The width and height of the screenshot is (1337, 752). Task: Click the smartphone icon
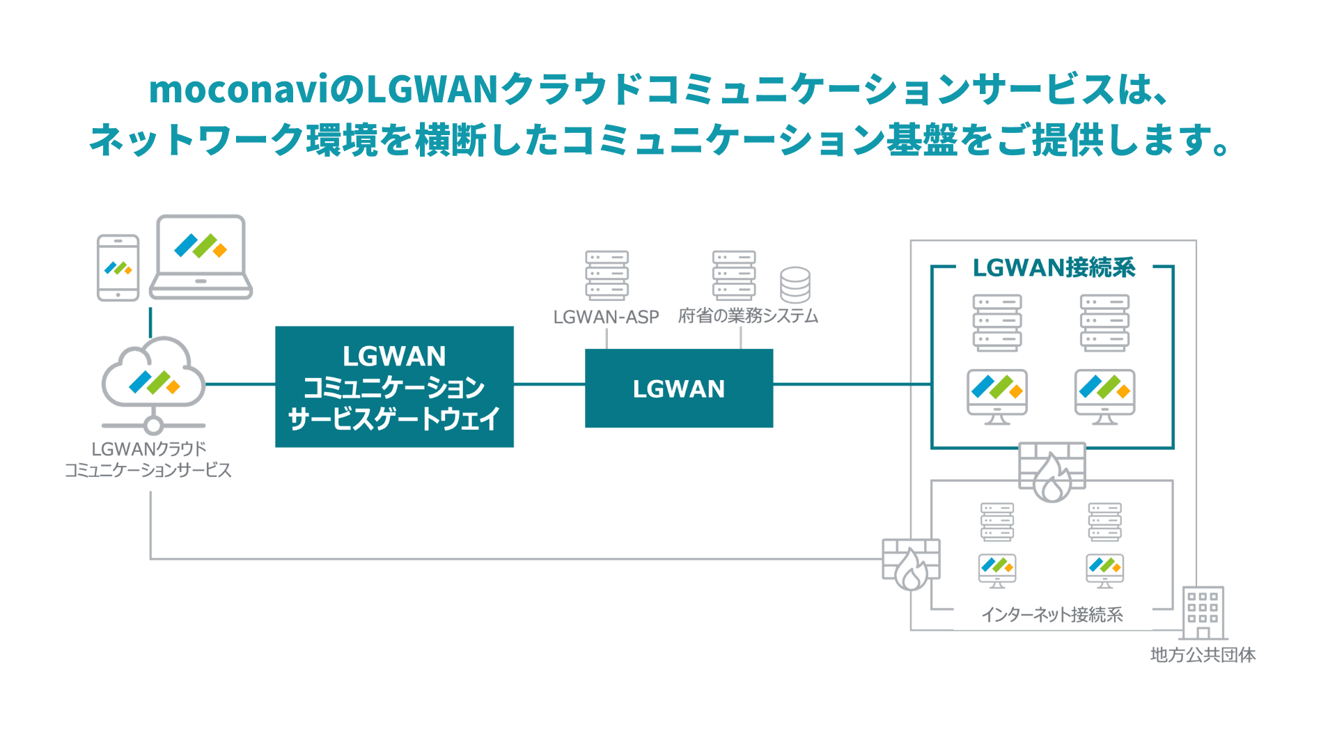118,268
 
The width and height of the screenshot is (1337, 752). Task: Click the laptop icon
201,257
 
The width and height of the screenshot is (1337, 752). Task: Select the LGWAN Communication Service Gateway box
394,386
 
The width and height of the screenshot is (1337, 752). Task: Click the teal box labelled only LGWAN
678,388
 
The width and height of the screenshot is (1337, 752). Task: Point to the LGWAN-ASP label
606,317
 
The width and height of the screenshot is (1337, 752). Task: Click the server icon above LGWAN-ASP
607,275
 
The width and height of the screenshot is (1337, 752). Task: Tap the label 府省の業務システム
748,316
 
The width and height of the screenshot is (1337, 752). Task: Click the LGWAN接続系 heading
1053,267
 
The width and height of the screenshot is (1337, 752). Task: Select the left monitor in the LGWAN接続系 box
996,396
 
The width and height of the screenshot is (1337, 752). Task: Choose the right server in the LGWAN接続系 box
1104,322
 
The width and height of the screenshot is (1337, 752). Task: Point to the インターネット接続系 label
1051,614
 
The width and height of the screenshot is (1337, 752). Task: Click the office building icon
1203,613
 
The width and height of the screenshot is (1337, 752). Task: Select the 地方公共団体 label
1203,655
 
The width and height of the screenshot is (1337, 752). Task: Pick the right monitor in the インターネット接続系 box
1104,570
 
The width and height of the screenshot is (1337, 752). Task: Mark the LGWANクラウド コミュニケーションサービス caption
148,460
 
